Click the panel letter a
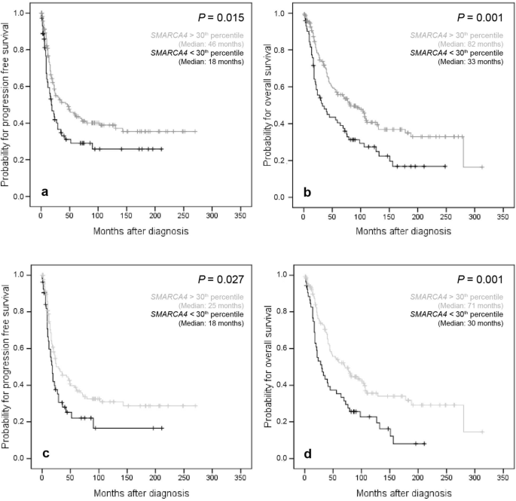point(45,192)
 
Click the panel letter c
point(45,453)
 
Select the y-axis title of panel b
point(269,105)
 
